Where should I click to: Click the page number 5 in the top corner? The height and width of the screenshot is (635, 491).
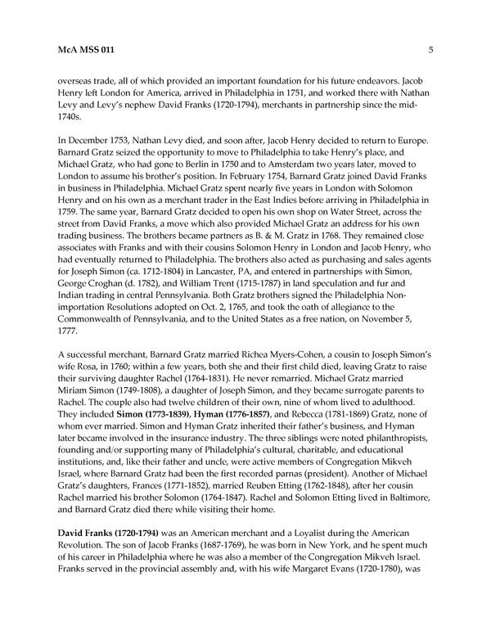coord(430,50)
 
